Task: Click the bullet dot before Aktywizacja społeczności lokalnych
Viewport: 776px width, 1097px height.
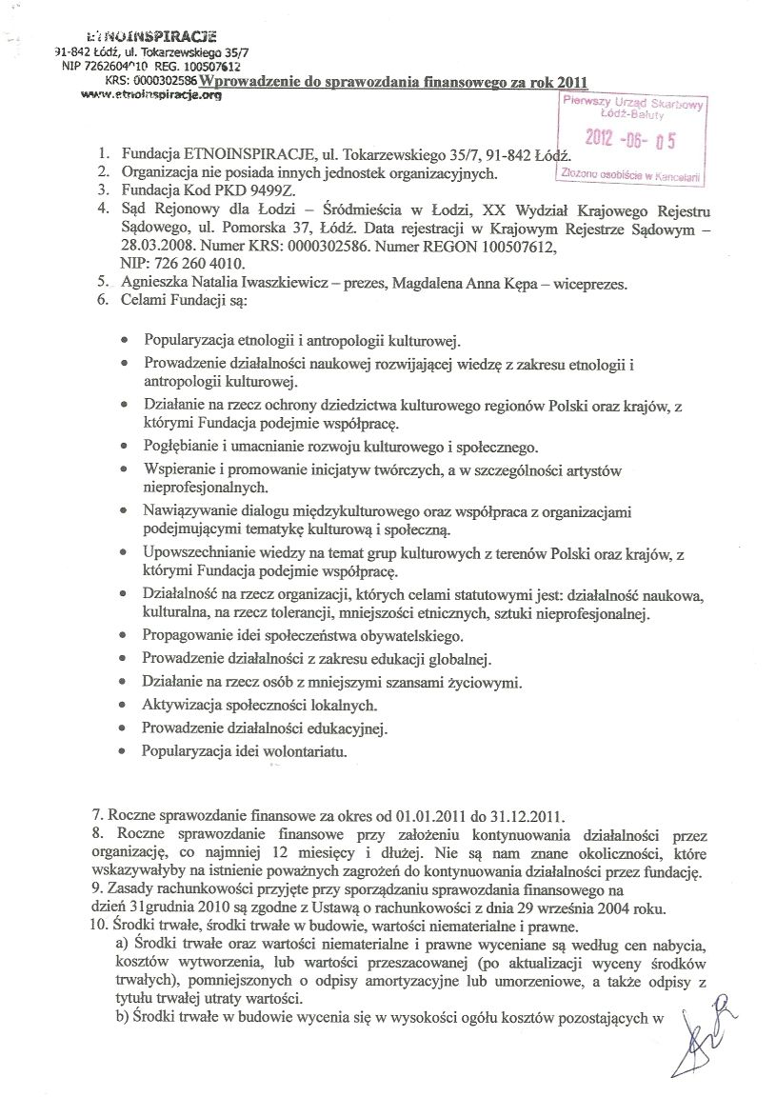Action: [127, 707]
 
